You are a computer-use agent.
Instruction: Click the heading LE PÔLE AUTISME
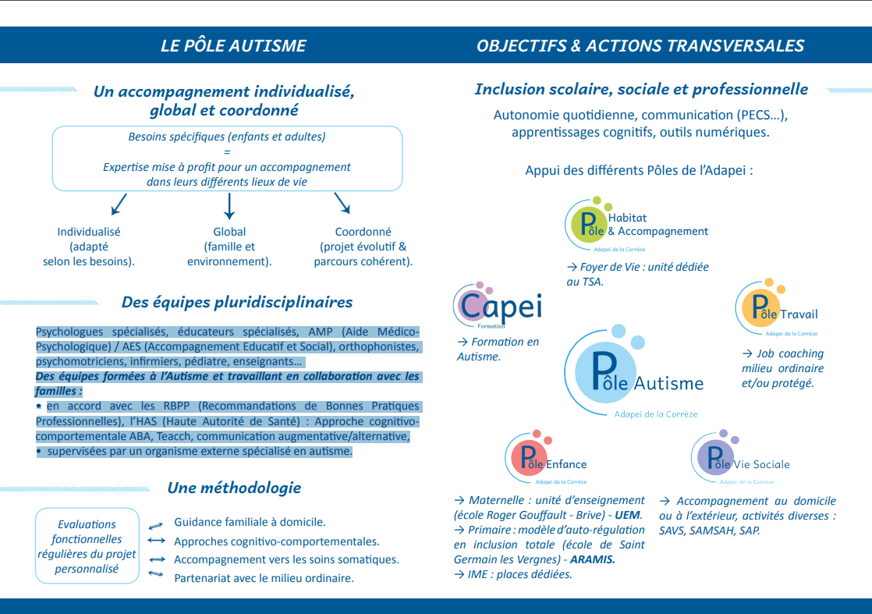[233, 45]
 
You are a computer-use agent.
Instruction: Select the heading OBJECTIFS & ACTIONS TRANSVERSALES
[640, 45]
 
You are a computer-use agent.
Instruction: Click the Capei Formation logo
[497, 306]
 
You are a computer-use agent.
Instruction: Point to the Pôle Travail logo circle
[758, 308]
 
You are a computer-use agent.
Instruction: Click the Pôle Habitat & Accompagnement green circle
[587, 223]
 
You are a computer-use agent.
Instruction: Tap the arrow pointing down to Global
[229, 205]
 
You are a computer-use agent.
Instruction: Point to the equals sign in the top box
[227, 152]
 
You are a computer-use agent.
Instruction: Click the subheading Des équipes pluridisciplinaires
[237, 302]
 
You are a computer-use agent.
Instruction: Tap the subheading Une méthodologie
[234, 488]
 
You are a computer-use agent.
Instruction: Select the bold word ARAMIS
[592, 559]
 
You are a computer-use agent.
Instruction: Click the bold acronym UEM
[629, 515]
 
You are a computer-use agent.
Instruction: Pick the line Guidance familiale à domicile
[250, 522]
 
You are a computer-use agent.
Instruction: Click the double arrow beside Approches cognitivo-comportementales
[156, 541]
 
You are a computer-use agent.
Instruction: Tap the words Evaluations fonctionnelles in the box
[87, 531]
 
